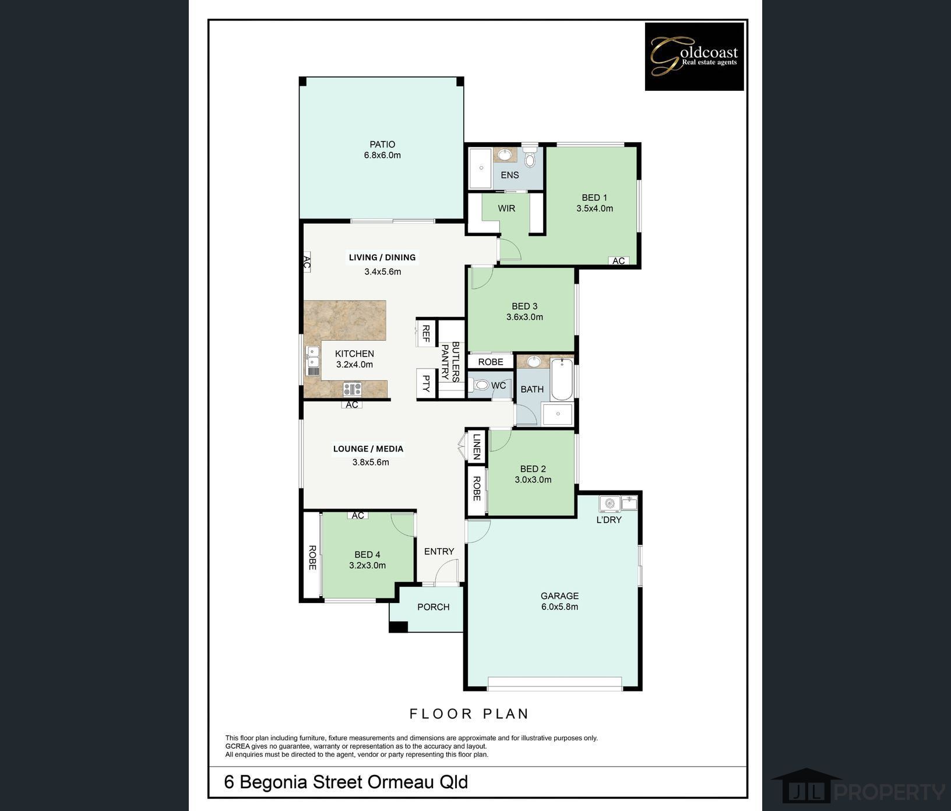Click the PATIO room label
click(382, 144)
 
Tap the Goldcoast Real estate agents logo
click(694, 57)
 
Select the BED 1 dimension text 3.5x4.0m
click(594, 209)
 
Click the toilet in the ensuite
click(530, 157)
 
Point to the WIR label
click(506, 208)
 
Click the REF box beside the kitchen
click(426, 333)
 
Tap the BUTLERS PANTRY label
click(451, 361)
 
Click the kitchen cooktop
click(352, 389)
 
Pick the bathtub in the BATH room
click(562, 379)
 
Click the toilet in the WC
click(480, 385)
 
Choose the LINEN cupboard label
click(477, 446)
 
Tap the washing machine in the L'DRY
click(610, 503)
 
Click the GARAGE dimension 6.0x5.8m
click(559, 607)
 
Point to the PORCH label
click(434, 607)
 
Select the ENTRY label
click(439, 551)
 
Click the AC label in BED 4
click(358, 516)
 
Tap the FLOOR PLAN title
click(469, 714)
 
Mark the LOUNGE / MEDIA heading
click(368, 449)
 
